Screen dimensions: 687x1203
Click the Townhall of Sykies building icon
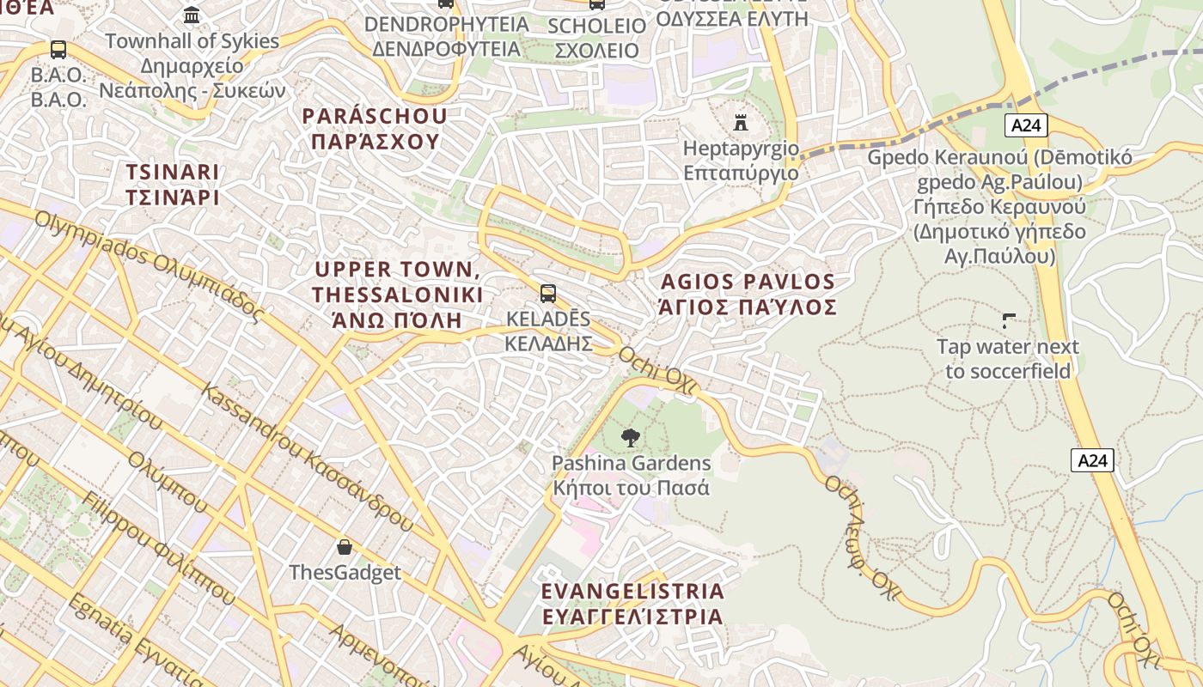point(192,15)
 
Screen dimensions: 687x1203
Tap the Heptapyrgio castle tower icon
point(740,122)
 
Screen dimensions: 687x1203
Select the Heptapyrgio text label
point(740,161)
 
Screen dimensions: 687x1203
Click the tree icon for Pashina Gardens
point(631,437)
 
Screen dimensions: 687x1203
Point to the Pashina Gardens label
point(631,476)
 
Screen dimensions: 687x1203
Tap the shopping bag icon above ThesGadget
point(345,547)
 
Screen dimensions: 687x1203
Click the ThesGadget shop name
point(345,572)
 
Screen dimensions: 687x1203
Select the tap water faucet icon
point(1008,321)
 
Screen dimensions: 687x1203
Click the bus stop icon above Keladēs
point(548,294)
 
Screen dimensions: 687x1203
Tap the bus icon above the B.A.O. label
point(58,49)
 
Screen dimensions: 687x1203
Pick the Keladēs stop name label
point(548,331)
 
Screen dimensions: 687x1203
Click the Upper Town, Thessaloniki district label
point(396,295)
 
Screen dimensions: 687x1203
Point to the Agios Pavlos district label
point(747,294)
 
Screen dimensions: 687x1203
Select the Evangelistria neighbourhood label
point(632,604)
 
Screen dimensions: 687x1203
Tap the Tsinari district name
point(173,185)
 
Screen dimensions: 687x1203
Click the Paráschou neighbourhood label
point(375,129)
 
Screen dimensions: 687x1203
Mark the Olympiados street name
point(146,265)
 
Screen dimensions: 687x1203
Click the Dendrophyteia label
point(446,36)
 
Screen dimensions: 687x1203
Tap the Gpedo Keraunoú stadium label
point(999,206)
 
